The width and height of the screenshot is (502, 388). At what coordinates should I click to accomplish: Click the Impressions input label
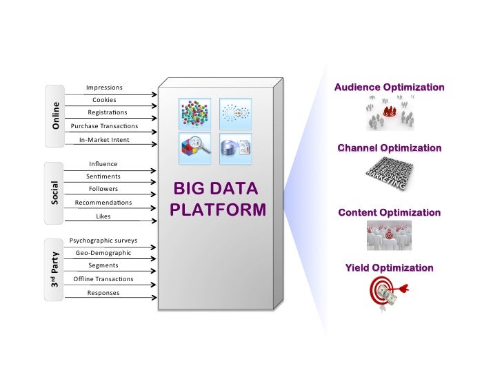(104, 88)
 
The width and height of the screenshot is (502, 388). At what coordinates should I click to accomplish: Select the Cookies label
(104, 100)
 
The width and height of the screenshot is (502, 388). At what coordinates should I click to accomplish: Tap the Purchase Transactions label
(104, 126)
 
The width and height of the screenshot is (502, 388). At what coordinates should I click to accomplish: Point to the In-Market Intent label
(104, 140)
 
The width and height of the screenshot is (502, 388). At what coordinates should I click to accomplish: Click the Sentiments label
(103, 176)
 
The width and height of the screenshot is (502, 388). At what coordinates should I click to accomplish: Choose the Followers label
(103, 189)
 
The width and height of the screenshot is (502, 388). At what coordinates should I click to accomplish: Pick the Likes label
(103, 216)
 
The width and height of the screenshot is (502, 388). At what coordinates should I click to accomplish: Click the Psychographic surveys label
(103, 241)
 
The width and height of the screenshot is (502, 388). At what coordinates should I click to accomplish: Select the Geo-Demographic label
(103, 253)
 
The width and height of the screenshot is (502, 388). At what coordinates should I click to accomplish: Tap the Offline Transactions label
(103, 279)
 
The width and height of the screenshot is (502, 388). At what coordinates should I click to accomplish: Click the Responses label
(103, 293)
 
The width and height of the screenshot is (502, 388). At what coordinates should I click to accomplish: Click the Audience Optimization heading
(389, 88)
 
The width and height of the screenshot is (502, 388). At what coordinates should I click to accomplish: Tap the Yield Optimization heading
(389, 268)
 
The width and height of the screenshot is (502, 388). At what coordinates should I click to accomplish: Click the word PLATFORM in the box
(218, 209)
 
